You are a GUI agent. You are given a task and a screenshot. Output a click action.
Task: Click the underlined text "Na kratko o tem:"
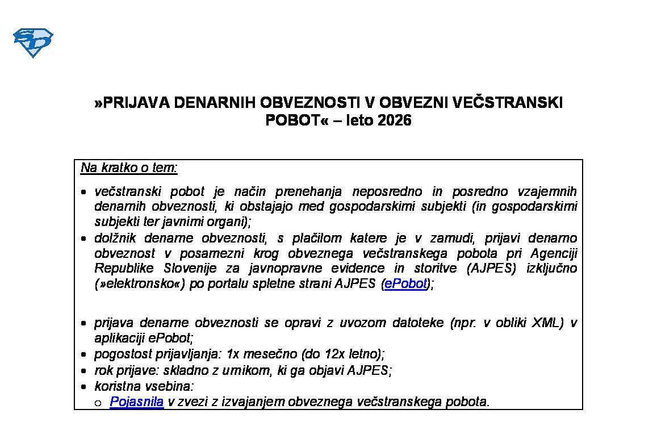pos(129,168)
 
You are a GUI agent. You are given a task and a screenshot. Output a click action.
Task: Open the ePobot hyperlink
pos(405,284)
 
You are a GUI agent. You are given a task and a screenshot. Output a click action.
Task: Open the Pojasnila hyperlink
pos(137,402)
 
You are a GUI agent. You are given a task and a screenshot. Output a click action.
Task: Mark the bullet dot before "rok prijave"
pos(84,371)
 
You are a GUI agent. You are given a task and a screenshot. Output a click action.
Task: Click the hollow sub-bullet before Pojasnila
pos(98,403)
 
